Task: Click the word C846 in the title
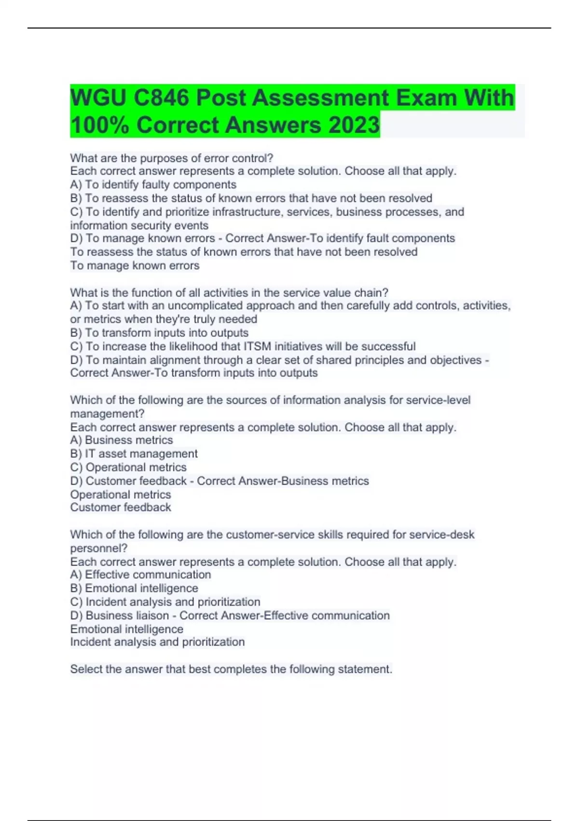coord(162,98)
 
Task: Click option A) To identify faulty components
coord(153,184)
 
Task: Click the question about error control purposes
coord(172,158)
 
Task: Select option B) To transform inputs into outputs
coord(159,333)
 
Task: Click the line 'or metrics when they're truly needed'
coord(164,319)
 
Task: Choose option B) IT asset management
coord(134,453)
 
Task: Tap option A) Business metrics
coord(122,440)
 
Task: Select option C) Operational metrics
coord(128,467)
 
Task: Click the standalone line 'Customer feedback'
coord(121,507)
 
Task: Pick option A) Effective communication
coord(140,575)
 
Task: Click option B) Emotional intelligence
coord(134,588)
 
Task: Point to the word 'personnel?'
coord(99,548)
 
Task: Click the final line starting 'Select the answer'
coord(231,669)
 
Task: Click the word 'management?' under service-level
coord(107,413)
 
